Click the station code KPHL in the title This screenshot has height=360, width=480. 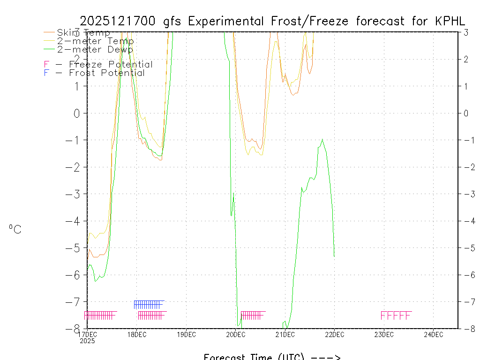450,21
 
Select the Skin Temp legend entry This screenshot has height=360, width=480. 83,33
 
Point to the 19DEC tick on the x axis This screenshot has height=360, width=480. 186,334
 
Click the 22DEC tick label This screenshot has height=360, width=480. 334,334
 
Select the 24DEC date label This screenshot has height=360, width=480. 433,334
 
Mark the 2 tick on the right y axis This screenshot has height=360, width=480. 466,59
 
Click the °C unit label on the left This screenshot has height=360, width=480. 15,230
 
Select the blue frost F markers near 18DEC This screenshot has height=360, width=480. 149,304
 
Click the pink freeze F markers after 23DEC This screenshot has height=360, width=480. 396,315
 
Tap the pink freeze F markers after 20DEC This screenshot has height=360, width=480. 252,315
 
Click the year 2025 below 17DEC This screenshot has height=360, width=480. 87,341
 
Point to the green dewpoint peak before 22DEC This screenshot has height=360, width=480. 322,140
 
